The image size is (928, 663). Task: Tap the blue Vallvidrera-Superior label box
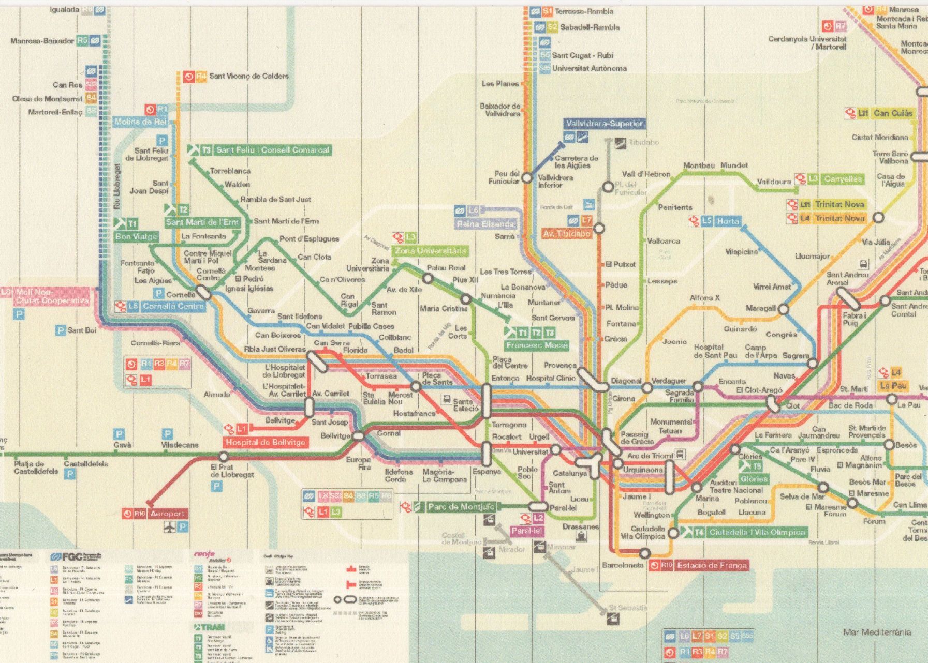click(x=604, y=124)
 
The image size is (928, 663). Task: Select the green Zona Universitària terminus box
click(x=430, y=251)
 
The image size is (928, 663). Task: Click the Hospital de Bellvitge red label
click(x=266, y=442)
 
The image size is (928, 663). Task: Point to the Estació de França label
click(x=712, y=565)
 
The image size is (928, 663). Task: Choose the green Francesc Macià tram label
click(x=537, y=345)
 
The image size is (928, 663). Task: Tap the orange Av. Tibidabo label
click(x=567, y=233)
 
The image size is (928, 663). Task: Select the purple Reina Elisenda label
click(x=485, y=224)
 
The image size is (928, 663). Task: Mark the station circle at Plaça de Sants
click(x=416, y=386)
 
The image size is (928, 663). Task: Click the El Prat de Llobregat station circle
click(x=223, y=457)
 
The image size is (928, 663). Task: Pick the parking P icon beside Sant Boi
click(x=61, y=330)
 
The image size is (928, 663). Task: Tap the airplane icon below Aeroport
click(x=169, y=527)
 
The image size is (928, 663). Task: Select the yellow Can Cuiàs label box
click(x=893, y=113)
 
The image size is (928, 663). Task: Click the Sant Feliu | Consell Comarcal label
click(x=272, y=150)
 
